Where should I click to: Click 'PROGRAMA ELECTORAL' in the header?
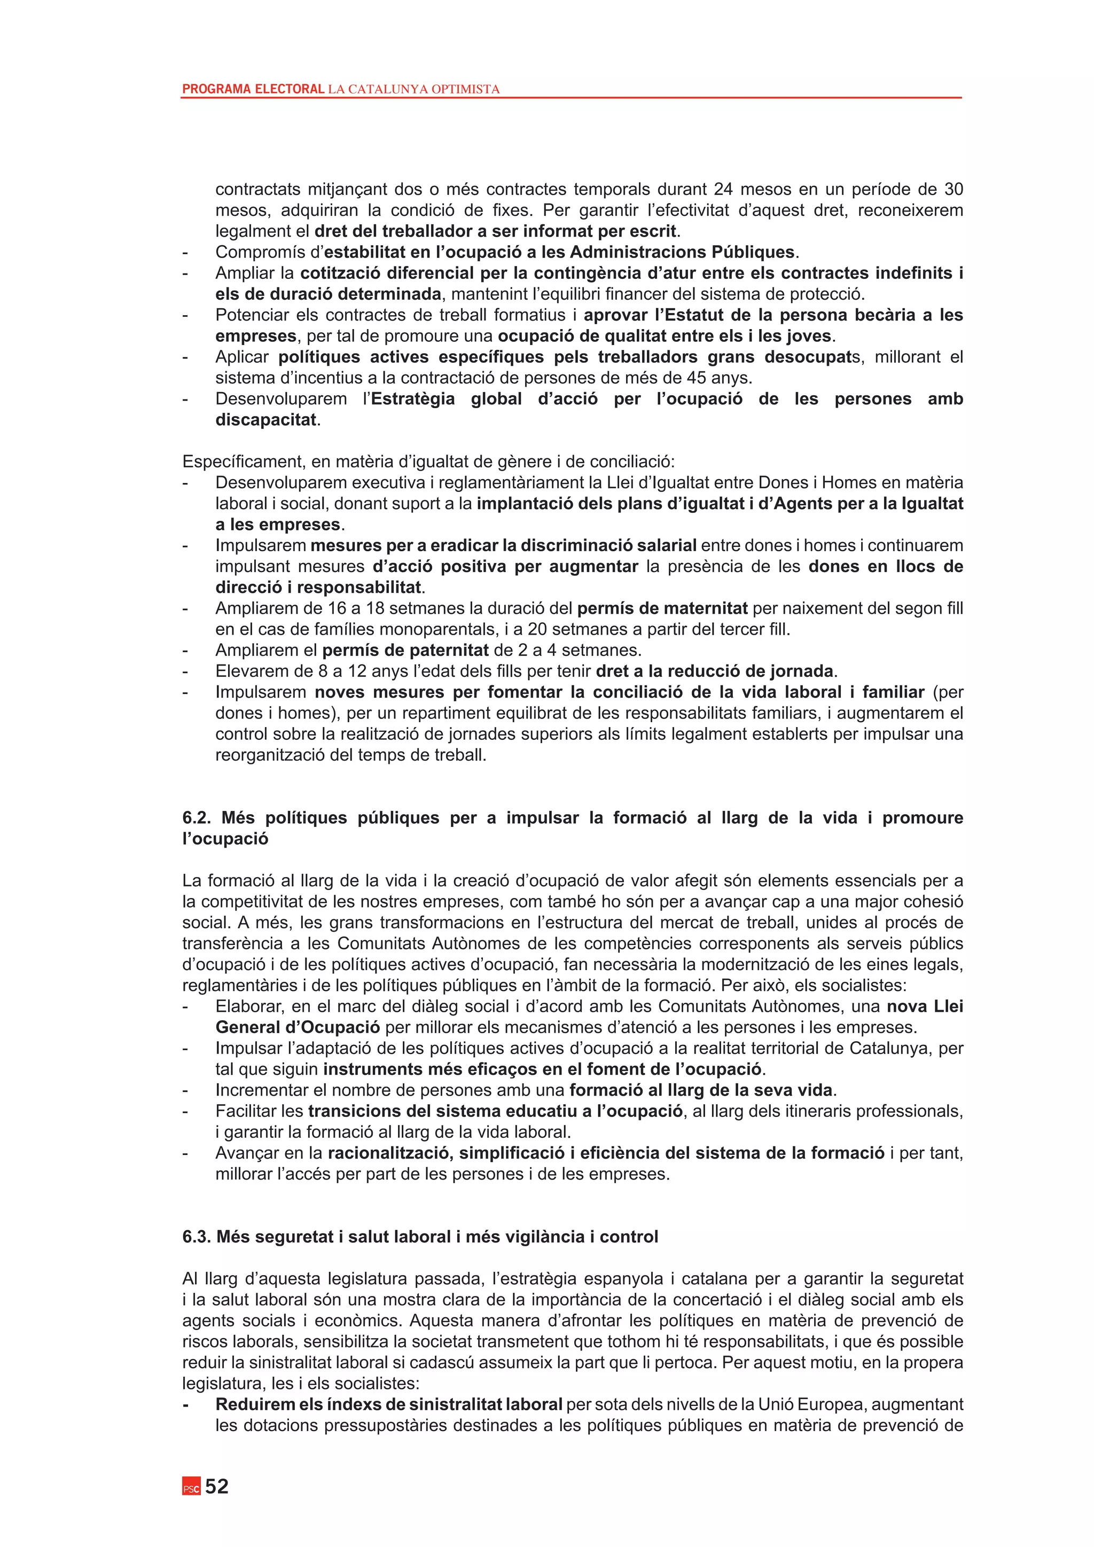[253, 89]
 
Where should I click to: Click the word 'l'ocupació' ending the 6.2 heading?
[225, 839]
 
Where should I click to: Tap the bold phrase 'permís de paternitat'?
[405, 650]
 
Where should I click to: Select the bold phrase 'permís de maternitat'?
[662, 608]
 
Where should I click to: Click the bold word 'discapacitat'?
[265, 420]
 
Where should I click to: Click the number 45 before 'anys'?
[696, 378]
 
